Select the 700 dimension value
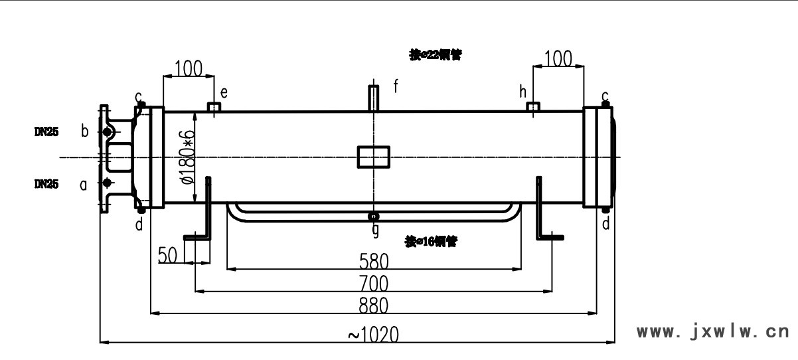[x=374, y=284]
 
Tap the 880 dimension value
[x=374, y=306]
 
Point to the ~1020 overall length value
[x=373, y=334]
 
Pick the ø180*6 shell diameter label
[x=188, y=157]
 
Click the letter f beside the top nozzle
[x=396, y=86]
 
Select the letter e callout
[x=224, y=92]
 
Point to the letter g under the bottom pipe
[x=375, y=230]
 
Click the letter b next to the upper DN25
[x=84, y=131]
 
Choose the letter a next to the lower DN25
[x=84, y=186]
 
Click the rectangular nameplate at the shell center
[x=374, y=157]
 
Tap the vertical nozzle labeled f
[x=374, y=98]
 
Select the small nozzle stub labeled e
[x=214, y=107]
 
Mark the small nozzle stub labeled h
[x=533, y=107]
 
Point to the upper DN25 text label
[x=46, y=132]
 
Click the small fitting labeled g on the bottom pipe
[x=374, y=216]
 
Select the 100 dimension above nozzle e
[x=188, y=67]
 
